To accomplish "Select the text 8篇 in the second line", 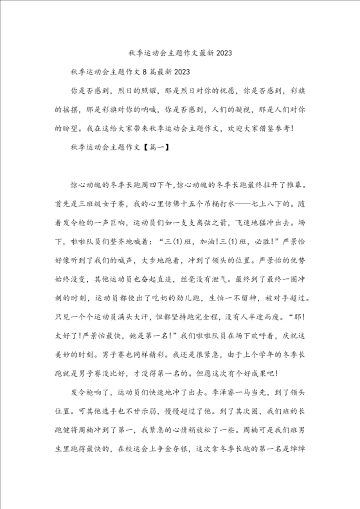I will [149, 72].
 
